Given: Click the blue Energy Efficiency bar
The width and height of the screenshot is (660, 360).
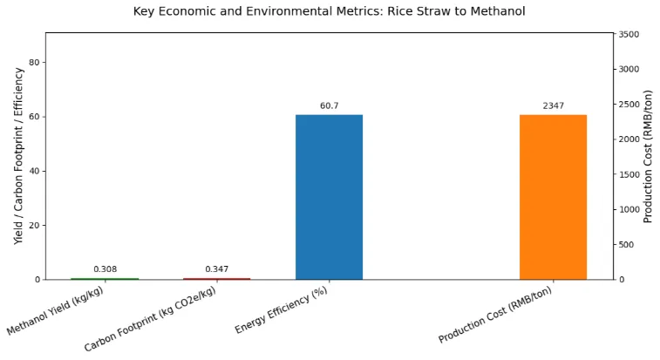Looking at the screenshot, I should click(x=329, y=197).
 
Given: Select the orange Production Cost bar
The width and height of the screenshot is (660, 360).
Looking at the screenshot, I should click(x=553, y=197).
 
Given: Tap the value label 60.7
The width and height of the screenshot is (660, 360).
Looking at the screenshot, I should click(x=329, y=105).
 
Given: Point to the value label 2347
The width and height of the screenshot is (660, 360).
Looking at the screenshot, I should click(x=553, y=105).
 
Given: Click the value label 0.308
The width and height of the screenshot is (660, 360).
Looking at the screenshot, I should click(x=105, y=269).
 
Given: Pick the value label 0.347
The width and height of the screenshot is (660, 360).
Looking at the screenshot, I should click(x=216, y=269).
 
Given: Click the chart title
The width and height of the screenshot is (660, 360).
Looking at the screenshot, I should click(x=329, y=11).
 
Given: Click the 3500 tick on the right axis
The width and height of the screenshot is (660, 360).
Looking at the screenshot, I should click(x=629, y=34).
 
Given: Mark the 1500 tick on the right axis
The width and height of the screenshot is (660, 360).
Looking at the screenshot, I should click(x=629, y=174).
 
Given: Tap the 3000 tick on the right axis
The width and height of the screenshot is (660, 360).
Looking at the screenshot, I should click(x=629, y=69).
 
